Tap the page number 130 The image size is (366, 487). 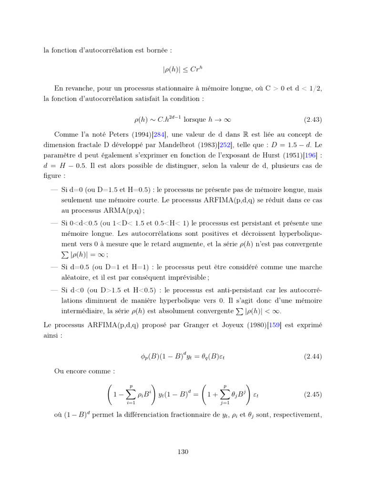click(183, 452)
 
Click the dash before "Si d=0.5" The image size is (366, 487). click(54, 267)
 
